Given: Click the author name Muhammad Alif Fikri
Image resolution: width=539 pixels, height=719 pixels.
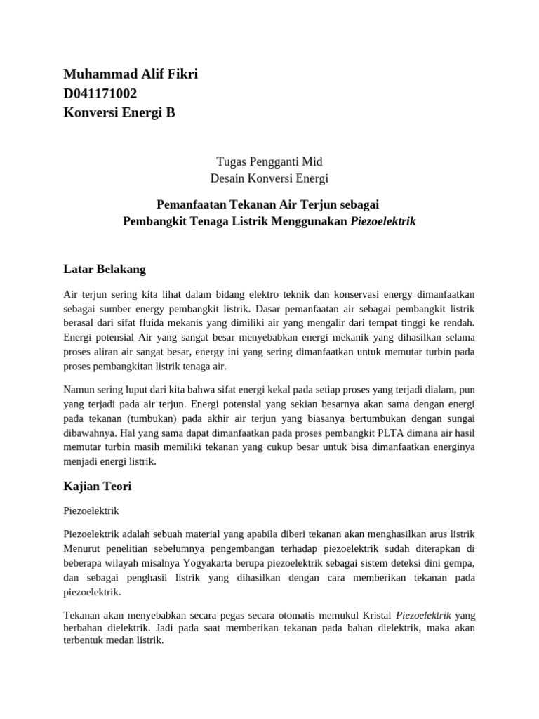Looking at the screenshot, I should coord(131,74).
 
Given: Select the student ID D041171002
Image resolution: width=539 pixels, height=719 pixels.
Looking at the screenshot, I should coord(100,93).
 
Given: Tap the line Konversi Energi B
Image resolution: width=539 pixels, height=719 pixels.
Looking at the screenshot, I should coord(119,112).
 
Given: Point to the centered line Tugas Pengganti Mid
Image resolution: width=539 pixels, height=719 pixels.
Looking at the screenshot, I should coord(269,161).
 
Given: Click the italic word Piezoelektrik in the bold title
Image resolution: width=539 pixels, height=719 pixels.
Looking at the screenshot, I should coord(383,221).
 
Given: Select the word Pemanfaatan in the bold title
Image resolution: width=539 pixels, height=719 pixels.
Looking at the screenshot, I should coord(191,204).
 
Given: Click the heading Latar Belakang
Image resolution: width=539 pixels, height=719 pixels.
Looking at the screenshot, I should coord(105,268).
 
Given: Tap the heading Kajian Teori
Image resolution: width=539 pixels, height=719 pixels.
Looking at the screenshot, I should coord(97,485).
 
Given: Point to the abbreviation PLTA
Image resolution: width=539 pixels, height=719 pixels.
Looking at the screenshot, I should coord(345,433).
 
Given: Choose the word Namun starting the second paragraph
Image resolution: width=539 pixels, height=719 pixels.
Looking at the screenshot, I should coord(81,390).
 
